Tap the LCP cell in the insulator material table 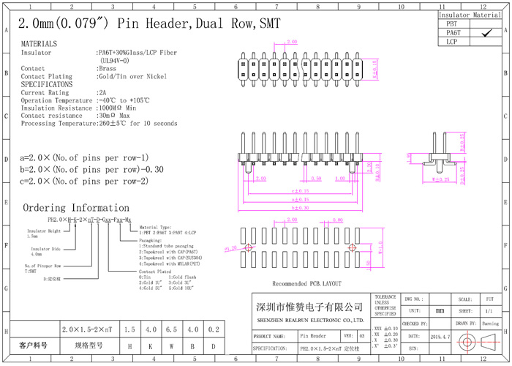tap(453, 42)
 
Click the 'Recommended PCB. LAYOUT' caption tap(306, 283)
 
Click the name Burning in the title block tap(489, 323)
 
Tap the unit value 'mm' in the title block tap(440, 311)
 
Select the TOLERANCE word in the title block tap(386, 297)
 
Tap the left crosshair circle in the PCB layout tap(248, 249)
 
